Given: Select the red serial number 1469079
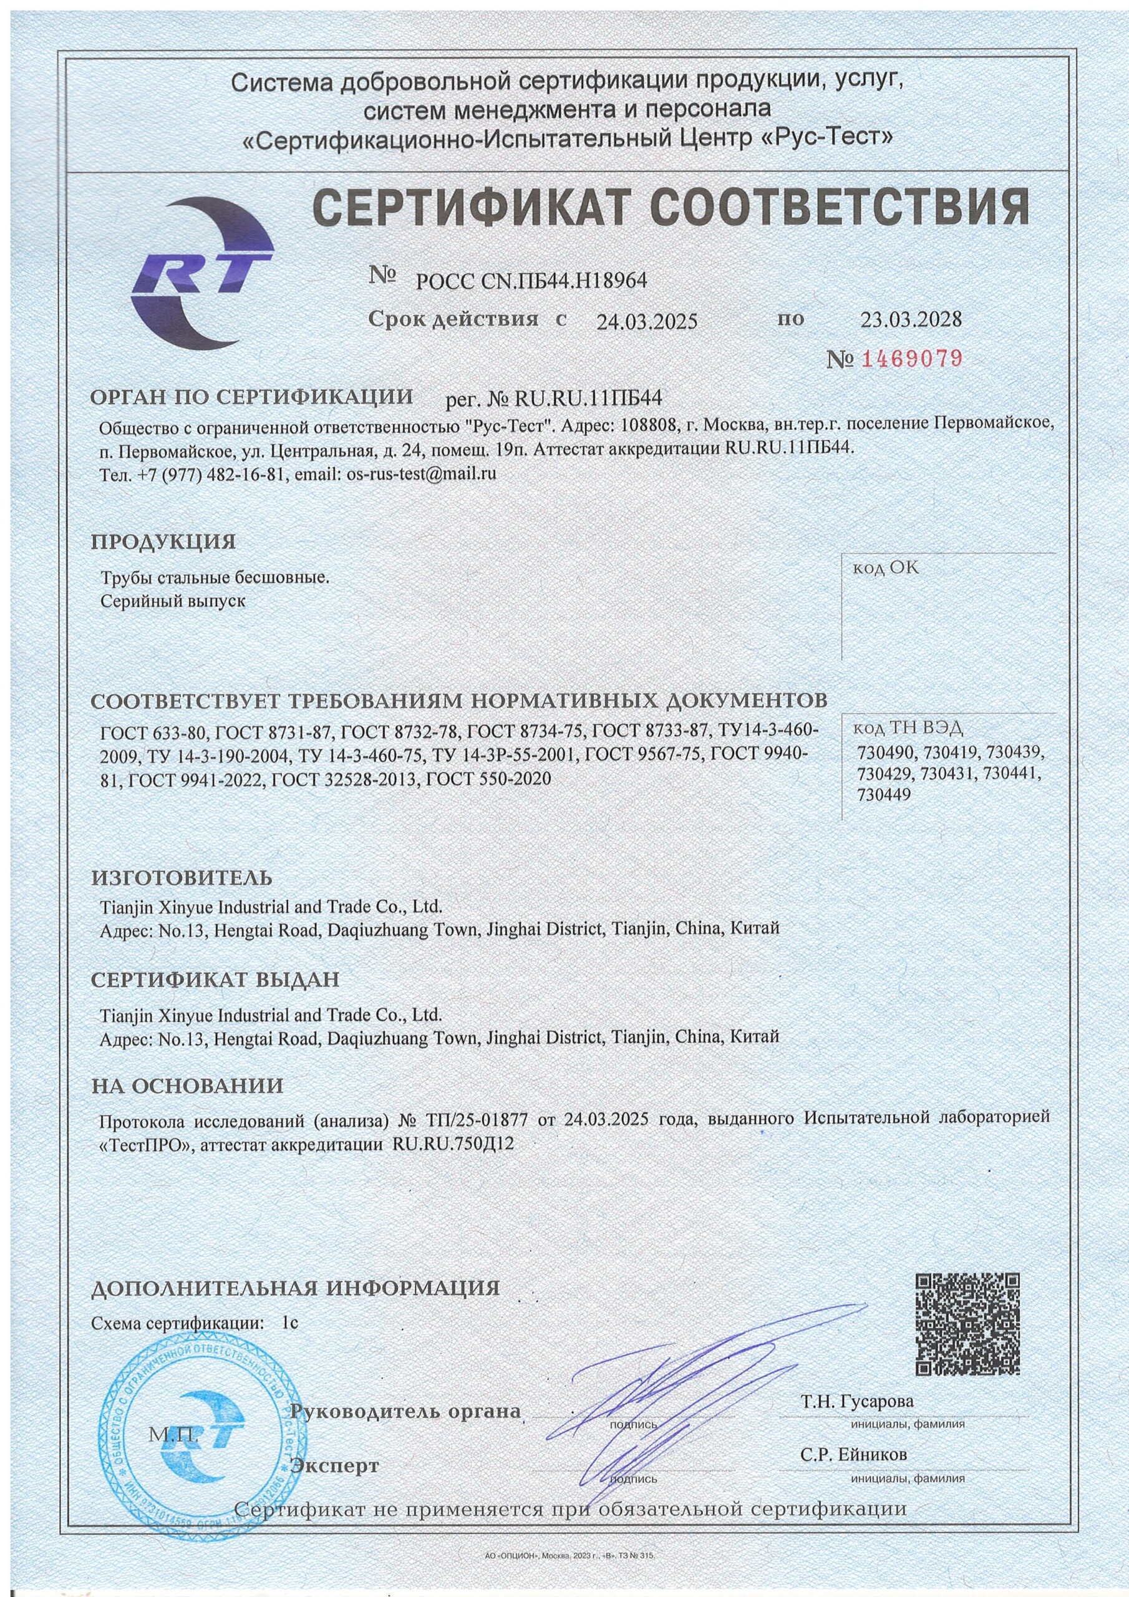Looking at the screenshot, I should tap(912, 359).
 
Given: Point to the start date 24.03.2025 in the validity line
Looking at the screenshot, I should tap(646, 321).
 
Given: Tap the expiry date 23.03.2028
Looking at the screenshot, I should tap(911, 319).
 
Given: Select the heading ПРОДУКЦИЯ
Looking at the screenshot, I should tap(164, 543).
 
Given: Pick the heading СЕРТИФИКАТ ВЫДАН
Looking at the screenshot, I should tap(216, 980).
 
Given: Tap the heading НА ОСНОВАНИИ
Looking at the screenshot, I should tap(188, 1085).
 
